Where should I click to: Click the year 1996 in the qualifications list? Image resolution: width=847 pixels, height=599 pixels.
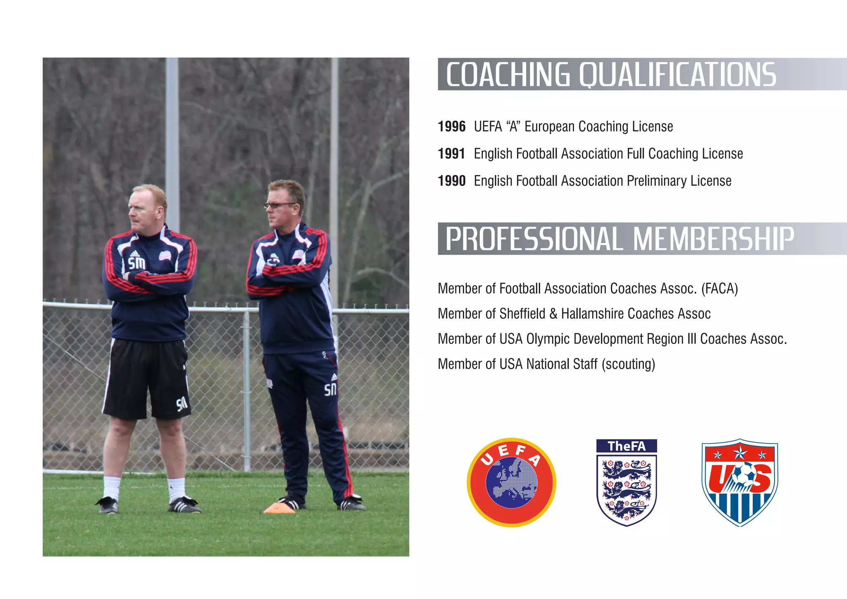(452, 127)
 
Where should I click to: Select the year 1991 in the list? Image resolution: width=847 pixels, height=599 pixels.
(451, 154)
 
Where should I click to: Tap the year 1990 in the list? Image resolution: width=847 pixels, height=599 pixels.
(452, 181)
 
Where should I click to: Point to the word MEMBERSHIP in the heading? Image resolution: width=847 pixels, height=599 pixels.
(713, 239)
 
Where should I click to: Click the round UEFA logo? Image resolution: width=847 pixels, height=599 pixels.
(511, 482)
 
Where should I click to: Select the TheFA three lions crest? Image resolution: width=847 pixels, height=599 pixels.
(627, 482)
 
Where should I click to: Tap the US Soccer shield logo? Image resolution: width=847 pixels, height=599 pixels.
(739, 482)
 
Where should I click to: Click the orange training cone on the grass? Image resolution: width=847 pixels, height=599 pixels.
(280, 508)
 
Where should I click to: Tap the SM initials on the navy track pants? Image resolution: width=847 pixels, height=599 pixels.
(330, 389)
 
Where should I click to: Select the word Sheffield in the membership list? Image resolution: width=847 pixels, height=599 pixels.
(522, 314)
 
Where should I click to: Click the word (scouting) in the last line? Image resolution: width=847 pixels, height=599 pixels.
(628, 364)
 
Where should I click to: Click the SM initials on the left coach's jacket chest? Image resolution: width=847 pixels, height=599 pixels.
(136, 263)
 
